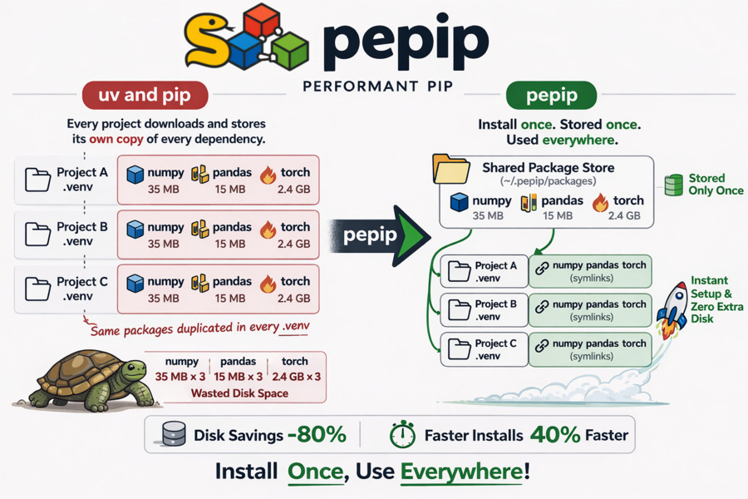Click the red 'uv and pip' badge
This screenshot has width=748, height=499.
click(x=144, y=95)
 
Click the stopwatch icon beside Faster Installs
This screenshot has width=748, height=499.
click(x=403, y=434)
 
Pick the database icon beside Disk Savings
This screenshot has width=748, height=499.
click(x=173, y=434)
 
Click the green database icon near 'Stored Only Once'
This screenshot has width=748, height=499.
click(x=673, y=185)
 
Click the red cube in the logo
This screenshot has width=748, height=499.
click(x=262, y=20)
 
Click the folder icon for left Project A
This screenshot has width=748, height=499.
click(x=37, y=180)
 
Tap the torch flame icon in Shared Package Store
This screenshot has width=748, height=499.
click(x=600, y=201)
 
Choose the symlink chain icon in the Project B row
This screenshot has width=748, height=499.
click(x=542, y=307)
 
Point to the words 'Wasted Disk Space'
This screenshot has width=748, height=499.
click(x=239, y=393)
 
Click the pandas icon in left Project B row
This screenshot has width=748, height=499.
click(x=200, y=229)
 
